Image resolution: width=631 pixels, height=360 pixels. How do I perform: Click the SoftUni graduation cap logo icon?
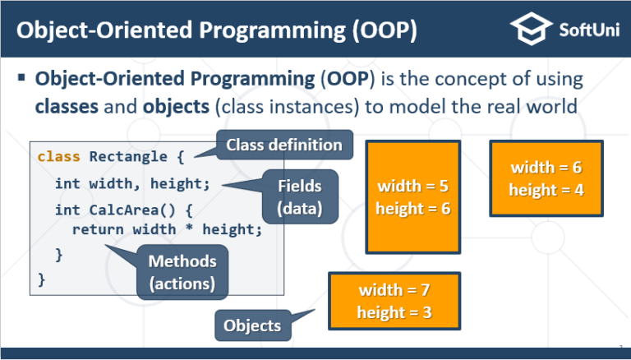(529, 30)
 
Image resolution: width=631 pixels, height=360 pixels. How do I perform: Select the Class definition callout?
(283, 145)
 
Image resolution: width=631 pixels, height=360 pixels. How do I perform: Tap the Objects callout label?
(252, 325)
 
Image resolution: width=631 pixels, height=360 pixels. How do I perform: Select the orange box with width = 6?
(546, 178)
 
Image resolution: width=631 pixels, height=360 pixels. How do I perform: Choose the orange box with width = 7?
(394, 301)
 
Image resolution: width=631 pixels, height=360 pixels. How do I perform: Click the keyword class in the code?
(54, 155)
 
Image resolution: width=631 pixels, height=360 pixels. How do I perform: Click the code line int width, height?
(132, 183)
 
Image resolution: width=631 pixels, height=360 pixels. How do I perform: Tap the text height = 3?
(394, 312)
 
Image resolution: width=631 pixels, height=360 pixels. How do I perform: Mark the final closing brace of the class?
(42, 279)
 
